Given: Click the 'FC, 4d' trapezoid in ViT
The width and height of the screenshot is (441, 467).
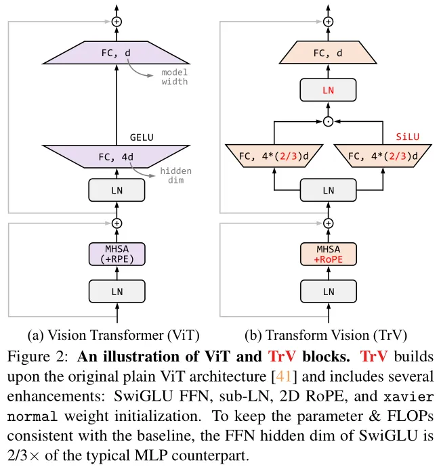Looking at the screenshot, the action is click(117, 156).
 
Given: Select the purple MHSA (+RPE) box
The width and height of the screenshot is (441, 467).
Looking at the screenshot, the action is click(117, 254).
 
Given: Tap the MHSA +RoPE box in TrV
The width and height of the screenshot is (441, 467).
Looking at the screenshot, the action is click(329, 254).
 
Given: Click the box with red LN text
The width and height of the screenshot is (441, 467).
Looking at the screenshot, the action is click(328, 90).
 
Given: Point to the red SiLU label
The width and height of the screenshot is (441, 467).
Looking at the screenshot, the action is click(407, 137).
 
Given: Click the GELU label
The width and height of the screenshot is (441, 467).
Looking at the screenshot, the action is click(142, 137).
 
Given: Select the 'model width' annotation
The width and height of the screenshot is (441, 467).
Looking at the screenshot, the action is click(175, 77).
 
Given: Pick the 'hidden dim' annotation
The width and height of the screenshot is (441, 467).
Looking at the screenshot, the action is click(176, 175).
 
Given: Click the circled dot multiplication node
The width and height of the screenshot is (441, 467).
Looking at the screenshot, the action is click(328, 122).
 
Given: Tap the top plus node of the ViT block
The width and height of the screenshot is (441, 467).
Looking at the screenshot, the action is click(117, 22).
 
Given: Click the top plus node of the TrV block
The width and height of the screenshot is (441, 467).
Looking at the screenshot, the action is click(328, 22).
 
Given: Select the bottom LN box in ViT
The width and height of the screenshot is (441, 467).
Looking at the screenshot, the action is click(117, 291).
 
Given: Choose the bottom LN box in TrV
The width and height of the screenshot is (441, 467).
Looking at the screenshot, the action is click(329, 291).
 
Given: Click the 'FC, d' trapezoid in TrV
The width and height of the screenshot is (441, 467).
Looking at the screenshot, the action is click(328, 52).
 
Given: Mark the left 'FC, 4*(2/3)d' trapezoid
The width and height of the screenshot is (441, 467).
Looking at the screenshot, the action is click(274, 156).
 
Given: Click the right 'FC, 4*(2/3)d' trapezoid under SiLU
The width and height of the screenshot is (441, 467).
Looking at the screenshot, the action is click(383, 156).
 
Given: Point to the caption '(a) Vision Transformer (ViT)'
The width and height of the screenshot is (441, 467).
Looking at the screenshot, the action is click(114, 335).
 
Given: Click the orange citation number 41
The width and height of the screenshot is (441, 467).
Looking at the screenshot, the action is click(284, 376).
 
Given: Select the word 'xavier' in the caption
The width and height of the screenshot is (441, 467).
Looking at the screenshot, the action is click(408, 397).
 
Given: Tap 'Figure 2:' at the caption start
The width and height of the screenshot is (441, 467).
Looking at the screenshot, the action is click(38, 357).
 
